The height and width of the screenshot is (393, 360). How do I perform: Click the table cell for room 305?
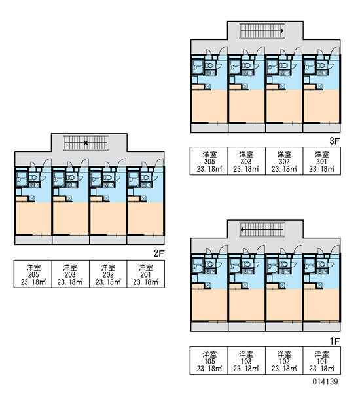209,161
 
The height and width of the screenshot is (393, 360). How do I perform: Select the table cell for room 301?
321,161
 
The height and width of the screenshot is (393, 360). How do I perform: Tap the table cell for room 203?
71,274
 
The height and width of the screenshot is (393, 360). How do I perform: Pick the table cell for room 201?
146,274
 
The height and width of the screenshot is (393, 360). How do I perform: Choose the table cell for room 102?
284,361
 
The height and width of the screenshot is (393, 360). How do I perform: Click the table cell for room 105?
209,361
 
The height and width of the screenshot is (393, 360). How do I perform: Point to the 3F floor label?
334,141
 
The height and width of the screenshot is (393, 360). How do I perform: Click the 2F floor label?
159,253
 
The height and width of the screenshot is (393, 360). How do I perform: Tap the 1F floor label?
334,341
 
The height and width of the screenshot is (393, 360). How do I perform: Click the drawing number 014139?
325,382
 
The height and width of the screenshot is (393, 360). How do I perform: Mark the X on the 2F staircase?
86,143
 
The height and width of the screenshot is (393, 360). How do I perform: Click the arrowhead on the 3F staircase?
282,31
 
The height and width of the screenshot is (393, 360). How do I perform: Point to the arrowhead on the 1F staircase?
242,229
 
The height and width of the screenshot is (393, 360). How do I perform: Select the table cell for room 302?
284,161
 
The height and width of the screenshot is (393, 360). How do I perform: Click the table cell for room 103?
247,361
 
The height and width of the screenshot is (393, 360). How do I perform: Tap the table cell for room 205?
33,274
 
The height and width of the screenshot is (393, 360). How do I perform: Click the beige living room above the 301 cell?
321,107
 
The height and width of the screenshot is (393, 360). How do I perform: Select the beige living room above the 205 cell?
33,219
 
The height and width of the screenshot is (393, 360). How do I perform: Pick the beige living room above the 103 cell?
247,305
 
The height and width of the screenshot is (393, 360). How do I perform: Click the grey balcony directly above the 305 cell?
209,128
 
